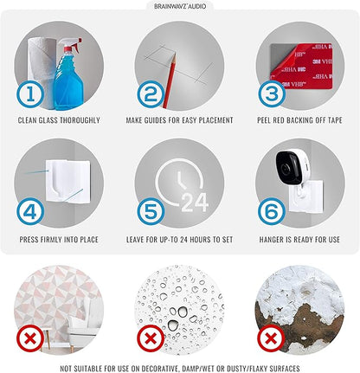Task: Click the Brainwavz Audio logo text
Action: (180, 6)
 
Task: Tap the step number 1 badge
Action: (30, 94)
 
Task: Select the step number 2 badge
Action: (151, 94)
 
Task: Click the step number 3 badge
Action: (272, 94)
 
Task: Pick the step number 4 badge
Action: (30, 212)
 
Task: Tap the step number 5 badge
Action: (151, 212)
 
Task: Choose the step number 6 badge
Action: (272, 212)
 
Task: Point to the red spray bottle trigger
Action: (75, 45)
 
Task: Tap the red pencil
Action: (170, 80)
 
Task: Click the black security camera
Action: (289, 167)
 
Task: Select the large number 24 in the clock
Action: (195, 203)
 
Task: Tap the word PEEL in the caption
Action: (264, 120)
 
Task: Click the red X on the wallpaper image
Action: (30, 338)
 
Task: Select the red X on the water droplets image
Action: (151, 338)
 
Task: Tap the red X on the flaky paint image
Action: (271, 338)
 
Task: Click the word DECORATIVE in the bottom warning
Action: (156, 369)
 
